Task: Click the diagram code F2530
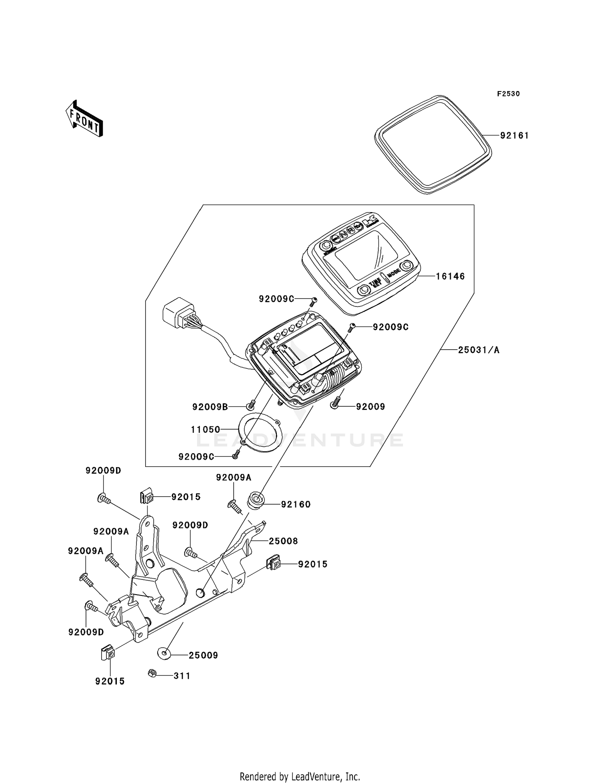coord(508,94)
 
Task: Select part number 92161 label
coord(514,136)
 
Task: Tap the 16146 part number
coord(450,277)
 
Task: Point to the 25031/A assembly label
coord(478,350)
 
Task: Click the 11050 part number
coord(206,430)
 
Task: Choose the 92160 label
coord(296,504)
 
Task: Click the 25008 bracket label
coord(283,541)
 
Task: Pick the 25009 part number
coord(203,655)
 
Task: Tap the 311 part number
coord(182,676)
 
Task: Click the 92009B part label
coord(210,407)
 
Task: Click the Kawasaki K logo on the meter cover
coord(369,222)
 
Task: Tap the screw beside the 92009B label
coord(251,405)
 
